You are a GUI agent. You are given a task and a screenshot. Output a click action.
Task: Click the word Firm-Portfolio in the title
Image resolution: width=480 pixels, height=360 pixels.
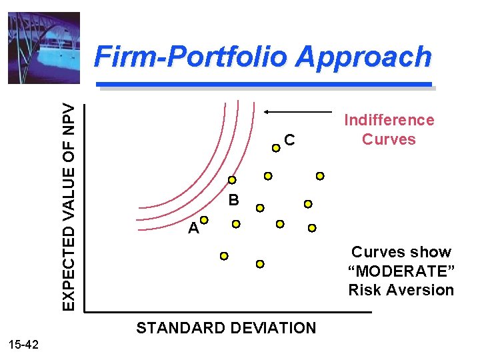pyautogui.click(x=193, y=57)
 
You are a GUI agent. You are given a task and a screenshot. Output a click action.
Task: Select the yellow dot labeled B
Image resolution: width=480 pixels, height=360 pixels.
pyautogui.click(x=231, y=180)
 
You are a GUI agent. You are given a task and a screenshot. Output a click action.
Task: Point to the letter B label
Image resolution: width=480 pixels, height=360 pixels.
pyautogui.click(x=233, y=199)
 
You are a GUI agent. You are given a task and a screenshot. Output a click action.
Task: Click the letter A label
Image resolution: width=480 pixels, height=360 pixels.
pyautogui.click(x=193, y=229)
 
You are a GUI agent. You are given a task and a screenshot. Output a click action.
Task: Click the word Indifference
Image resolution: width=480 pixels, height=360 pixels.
pyautogui.click(x=389, y=120)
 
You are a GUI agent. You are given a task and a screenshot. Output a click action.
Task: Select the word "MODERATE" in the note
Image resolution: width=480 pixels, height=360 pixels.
pyautogui.click(x=401, y=271)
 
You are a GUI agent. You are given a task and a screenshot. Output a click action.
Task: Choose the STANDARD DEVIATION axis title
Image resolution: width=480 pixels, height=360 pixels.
pyautogui.click(x=226, y=328)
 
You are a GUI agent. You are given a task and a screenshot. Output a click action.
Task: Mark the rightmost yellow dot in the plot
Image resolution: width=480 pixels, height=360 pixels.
pyautogui.click(x=320, y=176)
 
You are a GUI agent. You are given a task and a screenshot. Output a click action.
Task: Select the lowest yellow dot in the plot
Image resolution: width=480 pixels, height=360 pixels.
pyautogui.click(x=261, y=264)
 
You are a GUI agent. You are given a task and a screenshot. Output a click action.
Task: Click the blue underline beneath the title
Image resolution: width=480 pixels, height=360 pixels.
pyautogui.click(x=265, y=85)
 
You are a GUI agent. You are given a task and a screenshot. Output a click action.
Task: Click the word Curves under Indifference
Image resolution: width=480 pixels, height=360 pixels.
pyautogui.click(x=389, y=139)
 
